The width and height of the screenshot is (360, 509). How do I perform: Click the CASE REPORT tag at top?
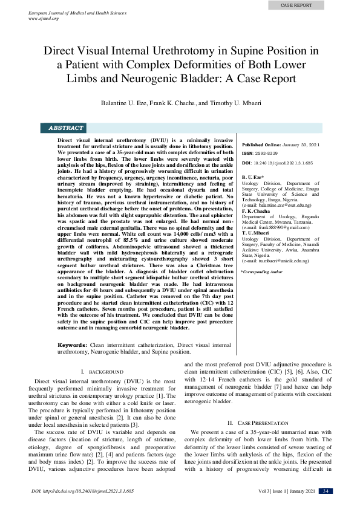296,5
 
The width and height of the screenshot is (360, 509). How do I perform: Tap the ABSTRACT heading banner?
66,128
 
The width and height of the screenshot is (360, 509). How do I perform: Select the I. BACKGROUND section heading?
102,371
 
